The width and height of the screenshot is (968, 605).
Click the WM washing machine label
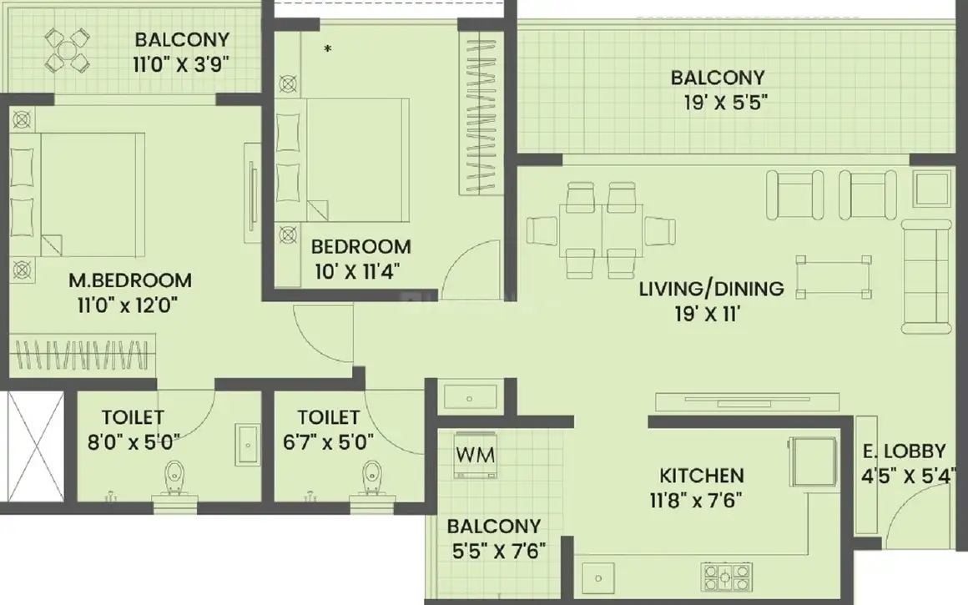[476, 455]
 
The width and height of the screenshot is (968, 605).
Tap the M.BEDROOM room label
[129, 280]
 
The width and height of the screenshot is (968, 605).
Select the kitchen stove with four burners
[727, 577]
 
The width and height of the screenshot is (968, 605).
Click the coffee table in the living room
[834, 277]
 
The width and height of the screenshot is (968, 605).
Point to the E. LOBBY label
[904, 451]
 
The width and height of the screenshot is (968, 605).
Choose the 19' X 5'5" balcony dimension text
[725, 103]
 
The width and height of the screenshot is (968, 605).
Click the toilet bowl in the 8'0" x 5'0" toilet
[173, 478]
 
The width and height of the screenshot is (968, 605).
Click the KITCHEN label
[701, 476]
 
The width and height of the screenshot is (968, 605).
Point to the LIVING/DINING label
[711, 289]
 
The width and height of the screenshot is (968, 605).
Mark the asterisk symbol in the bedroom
[328, 48]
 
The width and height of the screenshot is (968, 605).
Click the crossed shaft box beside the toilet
[34, 446]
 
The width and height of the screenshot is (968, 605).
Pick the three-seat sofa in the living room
[925, 276]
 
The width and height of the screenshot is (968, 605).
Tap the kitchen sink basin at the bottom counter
[598, 578]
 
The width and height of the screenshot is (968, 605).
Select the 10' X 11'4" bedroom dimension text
[357, 272]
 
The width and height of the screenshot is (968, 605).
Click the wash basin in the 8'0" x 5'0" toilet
[248, 444]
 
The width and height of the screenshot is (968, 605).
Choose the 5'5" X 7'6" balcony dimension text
[499, 551]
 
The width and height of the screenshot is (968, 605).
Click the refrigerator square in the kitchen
[813, 461]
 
